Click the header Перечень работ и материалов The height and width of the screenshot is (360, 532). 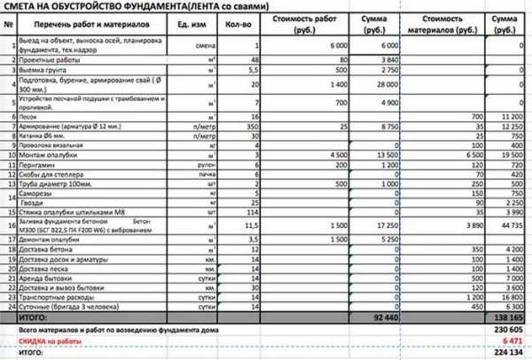pos(81,23)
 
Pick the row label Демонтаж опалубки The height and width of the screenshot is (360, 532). pos(49,240)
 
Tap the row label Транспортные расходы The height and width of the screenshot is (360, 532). pos(52,299)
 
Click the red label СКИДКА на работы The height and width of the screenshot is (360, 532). pos(45,340)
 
